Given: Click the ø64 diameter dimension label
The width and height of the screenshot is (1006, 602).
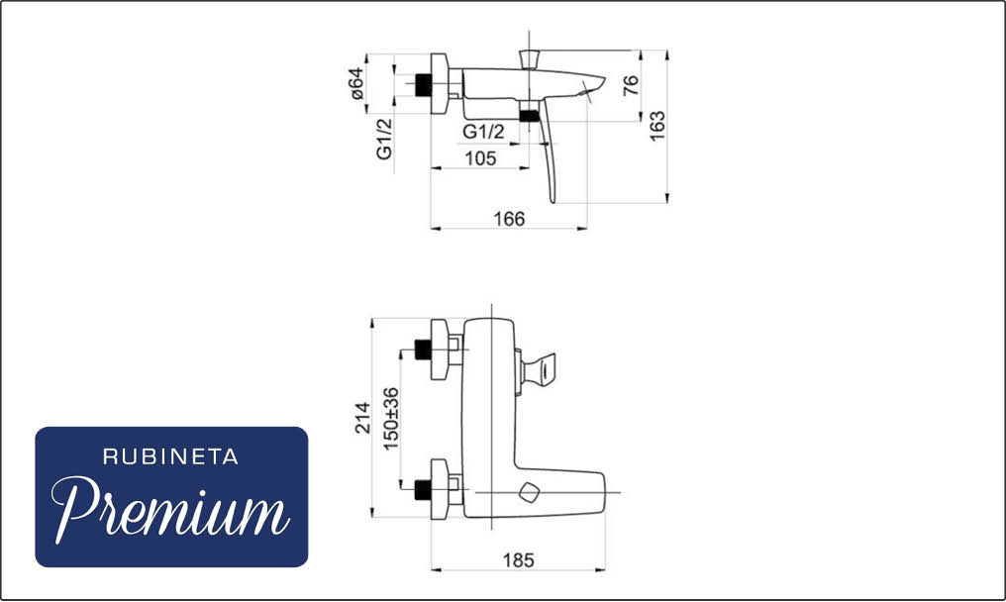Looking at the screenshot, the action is pos(357,83).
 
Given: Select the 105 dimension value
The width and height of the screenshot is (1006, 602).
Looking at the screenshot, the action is pos(480,157).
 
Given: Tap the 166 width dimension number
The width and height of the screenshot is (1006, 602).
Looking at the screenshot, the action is pos(509,219).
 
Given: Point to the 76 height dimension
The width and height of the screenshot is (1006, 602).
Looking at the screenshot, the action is pos(631,85).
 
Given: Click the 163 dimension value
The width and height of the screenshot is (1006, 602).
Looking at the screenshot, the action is pos(657,127).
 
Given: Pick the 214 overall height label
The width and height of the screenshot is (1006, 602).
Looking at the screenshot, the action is pos(363,418).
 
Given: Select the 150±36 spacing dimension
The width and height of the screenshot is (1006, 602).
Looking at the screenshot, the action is pos(390,419).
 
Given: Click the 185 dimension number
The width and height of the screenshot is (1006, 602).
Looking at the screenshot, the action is pos(519,560).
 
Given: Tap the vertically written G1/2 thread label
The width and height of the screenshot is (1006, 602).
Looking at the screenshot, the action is pos(383,138).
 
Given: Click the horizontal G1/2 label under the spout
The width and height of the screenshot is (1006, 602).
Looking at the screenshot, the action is pos(484,132).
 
